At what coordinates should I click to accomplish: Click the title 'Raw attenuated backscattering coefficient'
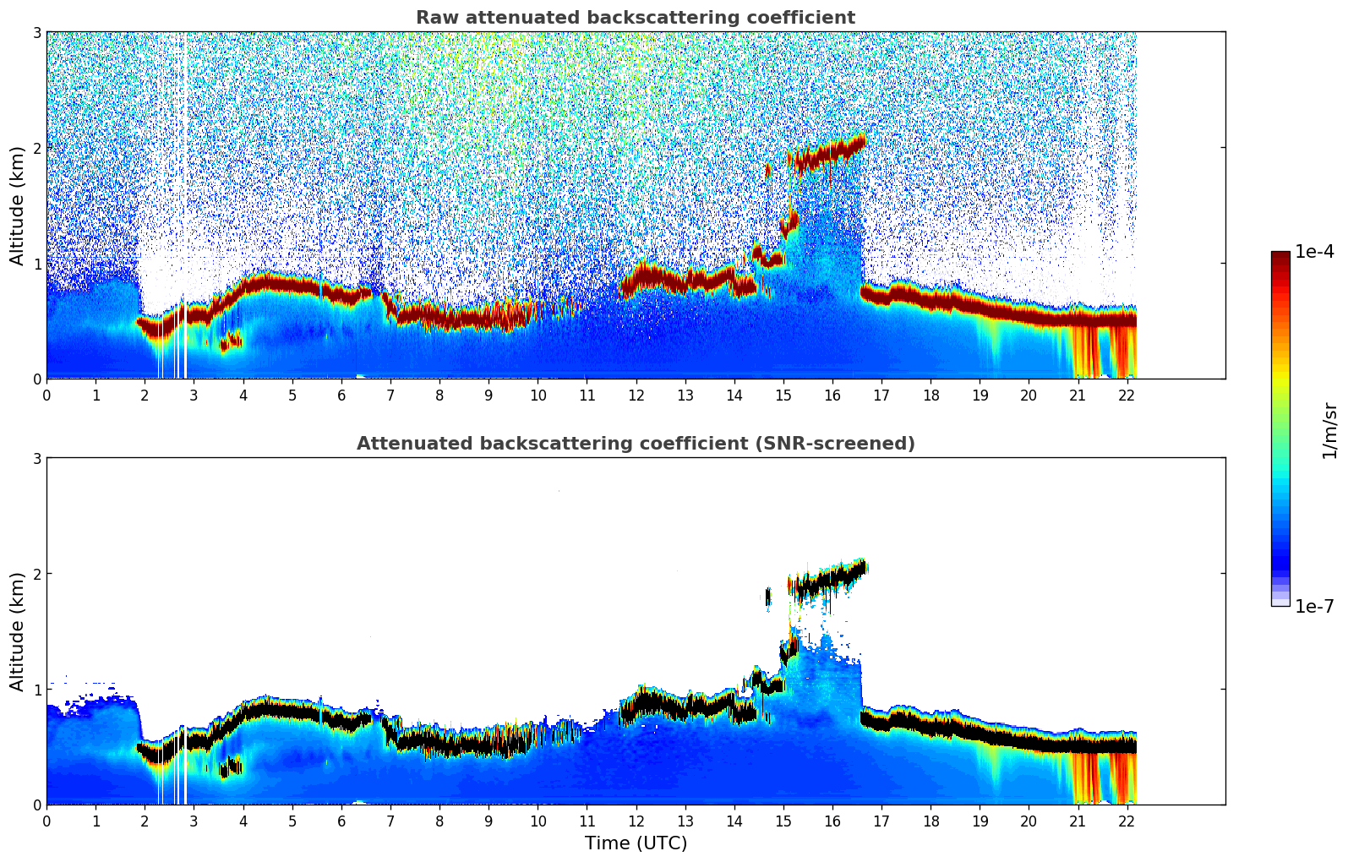[635, 18]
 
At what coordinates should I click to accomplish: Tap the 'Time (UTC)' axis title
[636, 843]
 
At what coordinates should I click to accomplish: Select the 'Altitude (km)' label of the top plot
[17, 205]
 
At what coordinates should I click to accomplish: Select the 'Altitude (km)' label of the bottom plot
[17, 631]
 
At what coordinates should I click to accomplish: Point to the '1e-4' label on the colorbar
[1314, 251]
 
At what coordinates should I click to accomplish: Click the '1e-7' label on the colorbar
[1314, 606]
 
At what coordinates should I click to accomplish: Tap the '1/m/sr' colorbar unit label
[1329, 430]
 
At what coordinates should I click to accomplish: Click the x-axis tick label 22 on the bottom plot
[1127, 821]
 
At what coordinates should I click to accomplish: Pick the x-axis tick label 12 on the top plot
[636, 396]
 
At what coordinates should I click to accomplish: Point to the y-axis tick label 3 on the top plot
[37, 32]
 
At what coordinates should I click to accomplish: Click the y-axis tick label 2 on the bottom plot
[37, 574]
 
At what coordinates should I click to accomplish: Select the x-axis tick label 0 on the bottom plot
[46, 821]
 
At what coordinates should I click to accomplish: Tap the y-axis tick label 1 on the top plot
[37, 264]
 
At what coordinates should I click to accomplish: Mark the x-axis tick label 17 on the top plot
[881, 396]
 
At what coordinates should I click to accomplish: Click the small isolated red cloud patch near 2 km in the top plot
[767, 170]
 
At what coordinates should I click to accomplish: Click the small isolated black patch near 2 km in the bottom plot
[767, 597]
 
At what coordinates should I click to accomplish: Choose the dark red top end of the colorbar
[1280, 256]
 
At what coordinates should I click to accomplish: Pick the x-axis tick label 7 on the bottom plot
[390, 821]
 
